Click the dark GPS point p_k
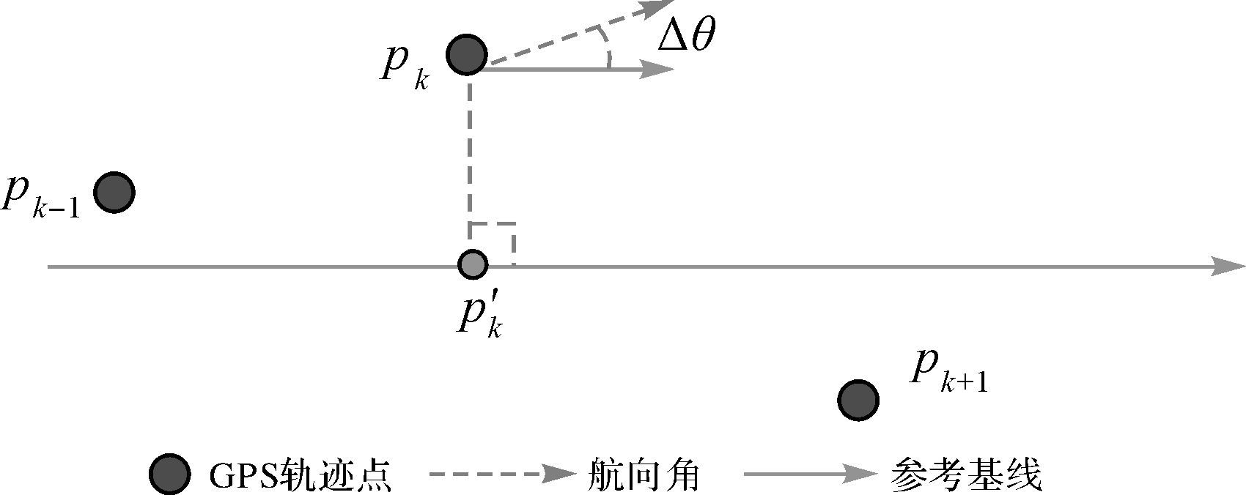467,54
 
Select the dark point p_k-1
114,193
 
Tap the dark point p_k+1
858,400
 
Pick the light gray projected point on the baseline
472,264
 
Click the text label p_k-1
40,197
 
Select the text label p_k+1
948,371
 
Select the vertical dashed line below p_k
469,154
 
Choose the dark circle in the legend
169,474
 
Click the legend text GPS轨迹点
300,475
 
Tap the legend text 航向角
644,475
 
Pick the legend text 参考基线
967,475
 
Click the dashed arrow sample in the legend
502,474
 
